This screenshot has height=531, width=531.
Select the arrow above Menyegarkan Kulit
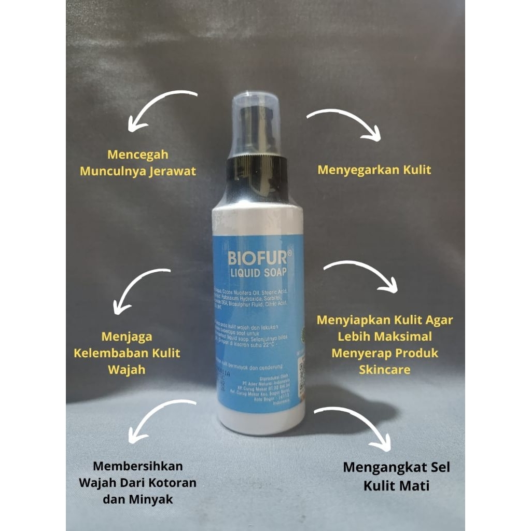pyautogui.click(x=344, y=122)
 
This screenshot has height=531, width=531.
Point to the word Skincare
pyautogui.click(x=384, y=369)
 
